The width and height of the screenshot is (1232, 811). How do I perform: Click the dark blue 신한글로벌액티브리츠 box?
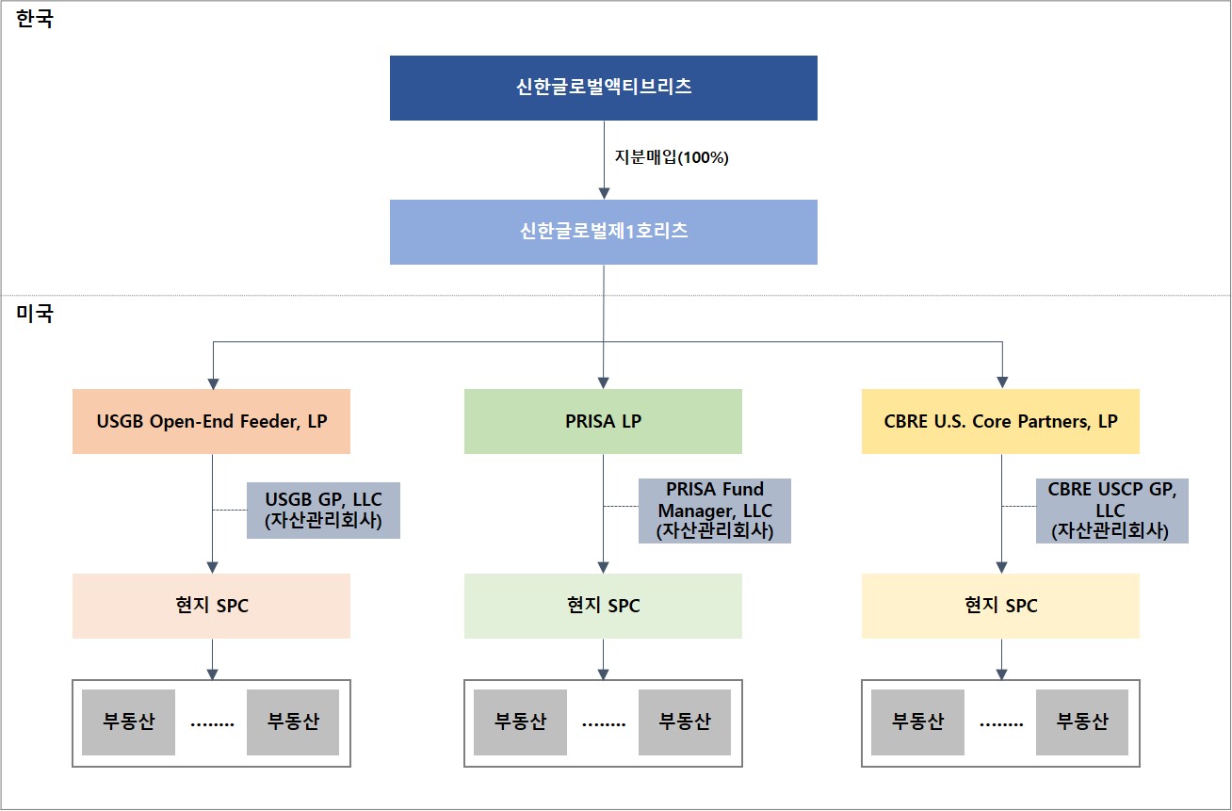coord(603,88)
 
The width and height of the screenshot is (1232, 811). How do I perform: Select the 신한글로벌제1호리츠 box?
coord(603,232)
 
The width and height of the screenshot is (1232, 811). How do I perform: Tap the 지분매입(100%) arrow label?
coord(672,158)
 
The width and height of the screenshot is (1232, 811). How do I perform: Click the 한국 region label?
coord(36,20)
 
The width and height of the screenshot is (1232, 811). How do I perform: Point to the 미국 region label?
coord(36,314)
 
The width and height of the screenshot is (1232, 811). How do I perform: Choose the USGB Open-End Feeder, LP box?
coord(211,421)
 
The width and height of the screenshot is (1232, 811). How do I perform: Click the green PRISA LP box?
coord(603,421)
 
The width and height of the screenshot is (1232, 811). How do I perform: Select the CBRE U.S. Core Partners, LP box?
coord(1000,421)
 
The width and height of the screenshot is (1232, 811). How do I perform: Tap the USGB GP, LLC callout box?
coord(323,510)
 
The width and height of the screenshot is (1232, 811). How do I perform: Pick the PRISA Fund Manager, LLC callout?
coord(714,510)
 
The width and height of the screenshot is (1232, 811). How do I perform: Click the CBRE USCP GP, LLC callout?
coord(1111,510)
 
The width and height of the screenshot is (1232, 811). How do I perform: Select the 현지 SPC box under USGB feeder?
coord(211,606)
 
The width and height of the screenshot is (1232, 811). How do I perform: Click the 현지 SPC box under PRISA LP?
coord(603,606)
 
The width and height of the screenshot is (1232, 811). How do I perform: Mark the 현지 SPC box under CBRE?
coord(1000,606)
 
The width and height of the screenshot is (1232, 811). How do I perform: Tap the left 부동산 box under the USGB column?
coord(128,722)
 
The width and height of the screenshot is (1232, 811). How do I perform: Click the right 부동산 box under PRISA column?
coord(685,722)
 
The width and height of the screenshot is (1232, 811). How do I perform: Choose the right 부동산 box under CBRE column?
coord(1082,722)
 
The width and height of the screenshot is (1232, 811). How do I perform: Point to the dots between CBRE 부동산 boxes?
coord(1001,724)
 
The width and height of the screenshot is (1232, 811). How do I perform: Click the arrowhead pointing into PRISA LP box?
coord(603,382)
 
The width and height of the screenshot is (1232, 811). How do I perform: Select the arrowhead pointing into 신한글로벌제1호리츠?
coord(603,193)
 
